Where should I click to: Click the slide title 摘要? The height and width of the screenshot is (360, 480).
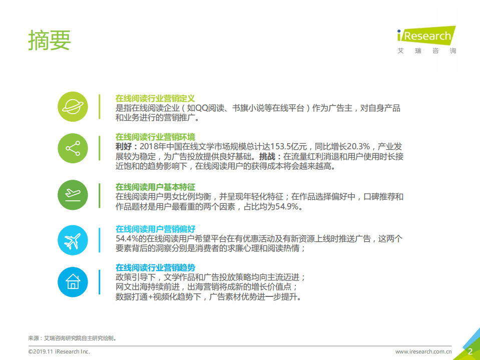50,40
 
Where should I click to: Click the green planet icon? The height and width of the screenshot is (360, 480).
73,107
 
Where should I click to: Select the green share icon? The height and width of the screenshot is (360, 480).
73,149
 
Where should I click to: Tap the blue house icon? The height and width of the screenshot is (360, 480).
73,281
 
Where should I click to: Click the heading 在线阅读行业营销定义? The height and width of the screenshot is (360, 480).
155,98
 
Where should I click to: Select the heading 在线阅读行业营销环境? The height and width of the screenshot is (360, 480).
155,137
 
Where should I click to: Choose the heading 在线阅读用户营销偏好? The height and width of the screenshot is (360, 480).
155,229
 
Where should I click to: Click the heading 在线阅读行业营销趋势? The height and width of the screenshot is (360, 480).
155,267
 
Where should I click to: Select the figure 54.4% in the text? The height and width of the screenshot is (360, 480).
127,239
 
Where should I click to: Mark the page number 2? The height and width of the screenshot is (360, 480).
470,351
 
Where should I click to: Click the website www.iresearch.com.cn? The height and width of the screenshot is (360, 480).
423,352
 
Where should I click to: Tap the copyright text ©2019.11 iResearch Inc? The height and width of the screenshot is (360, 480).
59,352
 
